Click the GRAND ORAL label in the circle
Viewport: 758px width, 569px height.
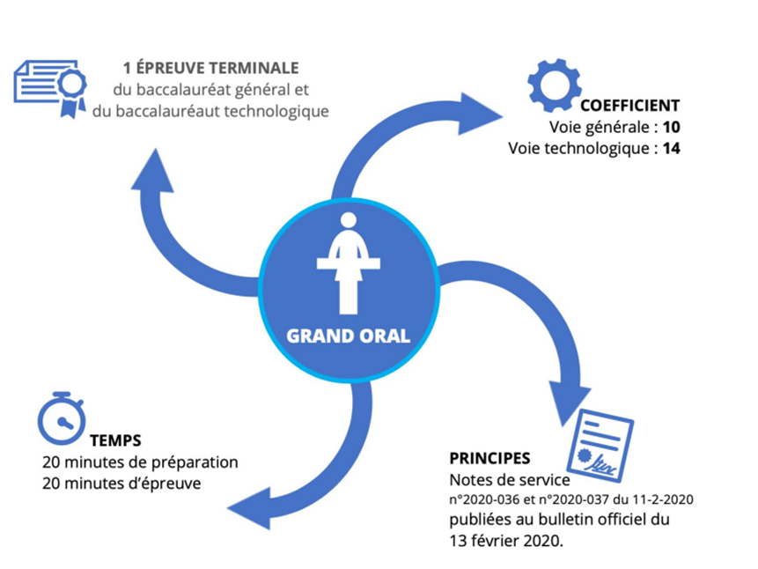[348, 336]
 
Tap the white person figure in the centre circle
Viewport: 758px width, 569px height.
[348, 262]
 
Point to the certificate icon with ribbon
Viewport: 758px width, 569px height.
[50, 86]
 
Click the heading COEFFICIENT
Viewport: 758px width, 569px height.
[629, 105]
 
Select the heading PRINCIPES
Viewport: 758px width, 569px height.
[489, 458]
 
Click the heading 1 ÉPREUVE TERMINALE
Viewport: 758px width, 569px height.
[210, 68]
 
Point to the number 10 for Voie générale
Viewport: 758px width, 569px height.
[672, 127]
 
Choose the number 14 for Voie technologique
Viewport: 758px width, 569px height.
[672, 148]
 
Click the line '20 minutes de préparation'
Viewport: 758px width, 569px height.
[140, 462]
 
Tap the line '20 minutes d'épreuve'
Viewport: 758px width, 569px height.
[121, 483]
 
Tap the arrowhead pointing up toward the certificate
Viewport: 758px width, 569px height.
[156, 172]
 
